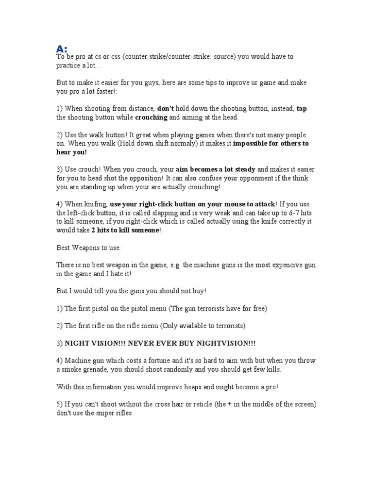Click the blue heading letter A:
62,49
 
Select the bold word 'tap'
302,109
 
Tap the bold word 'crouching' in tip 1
151,117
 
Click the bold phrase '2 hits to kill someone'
125,230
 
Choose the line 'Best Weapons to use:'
89,248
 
